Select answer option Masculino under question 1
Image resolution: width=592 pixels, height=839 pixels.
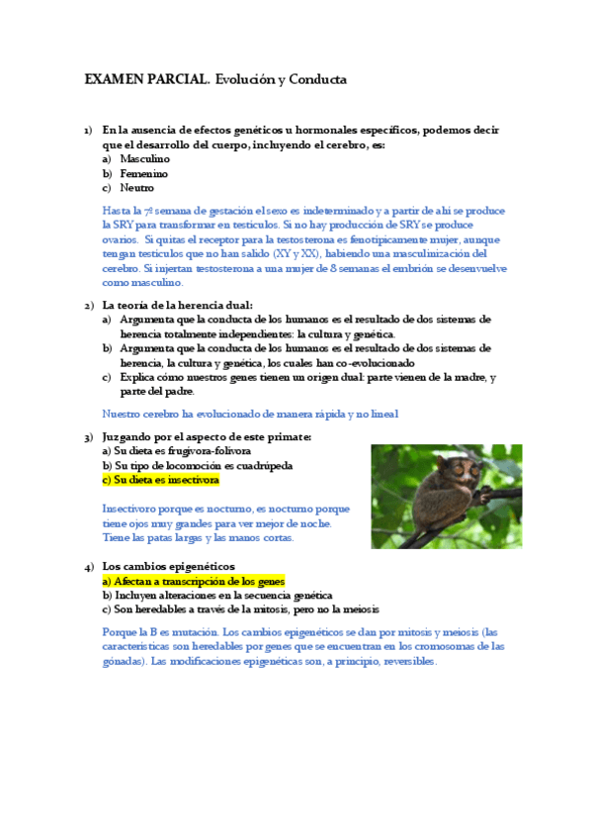(144, 158)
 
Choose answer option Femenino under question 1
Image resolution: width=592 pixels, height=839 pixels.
(143, 173)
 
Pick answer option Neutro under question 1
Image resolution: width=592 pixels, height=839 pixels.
(136, 187)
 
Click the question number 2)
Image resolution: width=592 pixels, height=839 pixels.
(88, 305)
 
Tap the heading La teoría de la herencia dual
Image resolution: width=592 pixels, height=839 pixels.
(178, 305)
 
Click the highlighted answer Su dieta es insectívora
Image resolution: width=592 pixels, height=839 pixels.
(160, 480)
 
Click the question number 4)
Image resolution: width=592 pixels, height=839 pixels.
(88, 567)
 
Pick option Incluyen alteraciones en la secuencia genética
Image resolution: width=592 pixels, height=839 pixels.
(217, 596)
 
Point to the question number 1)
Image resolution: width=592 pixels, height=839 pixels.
(88, 130)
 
